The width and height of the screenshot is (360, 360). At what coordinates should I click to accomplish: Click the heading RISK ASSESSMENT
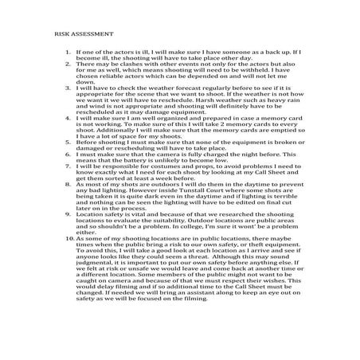(x=84, y=35)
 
